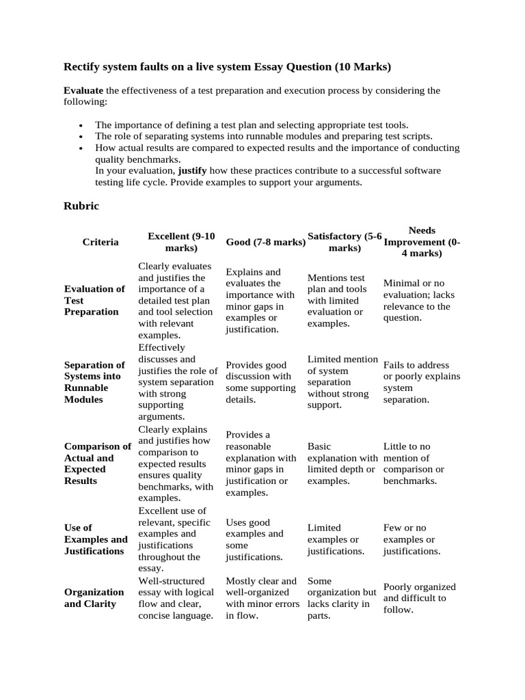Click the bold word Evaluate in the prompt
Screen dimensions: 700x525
[x=83, y=90]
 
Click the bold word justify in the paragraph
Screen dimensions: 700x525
[x=193, y=170]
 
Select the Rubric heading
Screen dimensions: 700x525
[x=81, y=206]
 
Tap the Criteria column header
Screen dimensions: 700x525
[x=100, y=242]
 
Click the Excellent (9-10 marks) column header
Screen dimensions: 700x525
[x=181, y=242]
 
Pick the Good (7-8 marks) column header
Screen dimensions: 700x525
[x=265, y=242]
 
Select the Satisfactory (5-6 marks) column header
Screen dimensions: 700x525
[x=345, y=242]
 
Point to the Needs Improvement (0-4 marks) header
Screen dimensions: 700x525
[x=422, y=242]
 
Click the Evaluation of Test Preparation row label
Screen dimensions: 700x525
[x=94, y=300]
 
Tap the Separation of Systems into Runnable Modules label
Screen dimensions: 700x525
[x=94, y=382]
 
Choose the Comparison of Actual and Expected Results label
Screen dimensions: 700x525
[x=97, y=463]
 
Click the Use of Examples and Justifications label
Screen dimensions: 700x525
[x=96, y=539]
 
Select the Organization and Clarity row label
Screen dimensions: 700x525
[x=94, y=597]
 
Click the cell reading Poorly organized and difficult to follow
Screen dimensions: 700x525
[x=419, y=598]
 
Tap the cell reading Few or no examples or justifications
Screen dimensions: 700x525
[x=412, y=539]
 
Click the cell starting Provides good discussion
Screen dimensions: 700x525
[x=260, y=382]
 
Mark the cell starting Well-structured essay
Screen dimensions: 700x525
[x=176, y=598]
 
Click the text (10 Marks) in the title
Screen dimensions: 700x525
[x=362, y=67]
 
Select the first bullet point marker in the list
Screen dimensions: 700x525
[x=81, y=126]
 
